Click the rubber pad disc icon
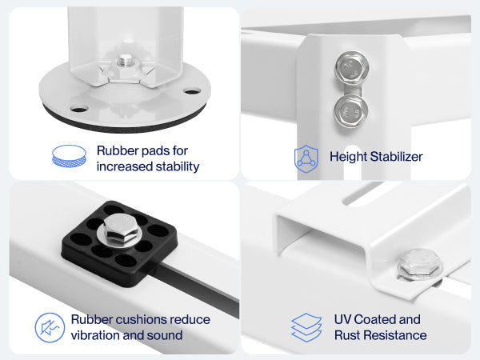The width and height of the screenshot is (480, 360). coord(69,156)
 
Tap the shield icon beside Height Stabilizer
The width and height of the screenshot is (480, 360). coord(306,159)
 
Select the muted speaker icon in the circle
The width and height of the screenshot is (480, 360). coord(50,327)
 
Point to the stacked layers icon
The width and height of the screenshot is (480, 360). coord(306,327)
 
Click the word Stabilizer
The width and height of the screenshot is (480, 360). coord(396,157)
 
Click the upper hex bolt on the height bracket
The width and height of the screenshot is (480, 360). coord(351,67)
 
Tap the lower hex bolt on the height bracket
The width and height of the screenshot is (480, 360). coord(351,111)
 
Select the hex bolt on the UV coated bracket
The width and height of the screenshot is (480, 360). coord(420,265)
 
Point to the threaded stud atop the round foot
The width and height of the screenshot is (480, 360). coord(125,61)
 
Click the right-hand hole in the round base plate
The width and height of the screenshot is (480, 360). coord(192,91)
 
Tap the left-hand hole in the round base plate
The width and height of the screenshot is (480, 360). coord(79,109)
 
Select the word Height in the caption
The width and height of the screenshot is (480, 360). coord(348,157)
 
